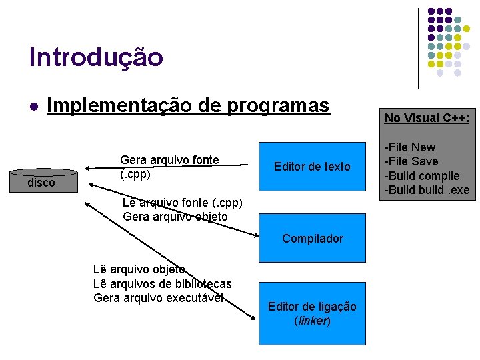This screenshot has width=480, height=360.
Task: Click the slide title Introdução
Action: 96,57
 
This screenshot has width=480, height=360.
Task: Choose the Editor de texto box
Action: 312,167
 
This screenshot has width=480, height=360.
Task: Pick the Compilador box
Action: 312,238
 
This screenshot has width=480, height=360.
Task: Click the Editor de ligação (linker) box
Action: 312,313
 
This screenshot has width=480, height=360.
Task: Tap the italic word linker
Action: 312,321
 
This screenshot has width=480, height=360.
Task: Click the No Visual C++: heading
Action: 427,118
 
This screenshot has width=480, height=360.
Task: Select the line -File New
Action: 411,147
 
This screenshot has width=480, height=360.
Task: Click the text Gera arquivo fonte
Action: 169,160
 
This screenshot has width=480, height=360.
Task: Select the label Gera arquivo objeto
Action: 175,217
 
